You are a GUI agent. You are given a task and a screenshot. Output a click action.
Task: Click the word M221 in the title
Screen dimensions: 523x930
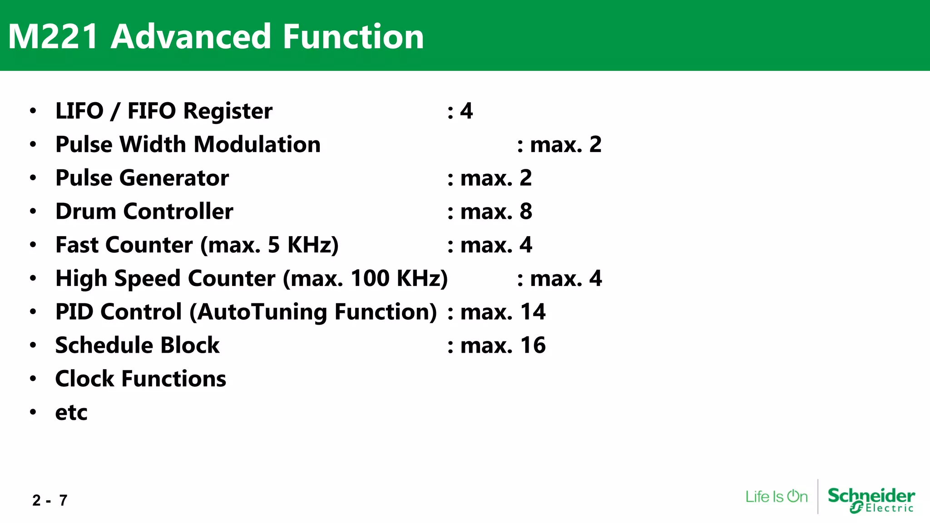click(x=53, y=37)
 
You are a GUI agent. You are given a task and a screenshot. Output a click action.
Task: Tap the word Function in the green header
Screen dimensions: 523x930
click(x=353, y=37)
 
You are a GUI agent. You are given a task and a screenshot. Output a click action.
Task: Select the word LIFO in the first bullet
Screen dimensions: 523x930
click(x=79, y=111)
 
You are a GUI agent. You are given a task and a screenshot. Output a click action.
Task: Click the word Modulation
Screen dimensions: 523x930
click(x=257, y=145)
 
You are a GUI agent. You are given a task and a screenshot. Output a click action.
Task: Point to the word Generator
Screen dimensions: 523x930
click(x=174, y=178)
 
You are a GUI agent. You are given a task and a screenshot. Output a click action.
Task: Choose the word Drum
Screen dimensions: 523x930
click(x=85, y=212)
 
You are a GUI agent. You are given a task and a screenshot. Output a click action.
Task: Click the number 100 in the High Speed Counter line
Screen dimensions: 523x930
click(x=370, y=278)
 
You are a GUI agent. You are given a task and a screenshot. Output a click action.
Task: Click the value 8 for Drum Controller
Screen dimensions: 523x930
click(x=526, y=212)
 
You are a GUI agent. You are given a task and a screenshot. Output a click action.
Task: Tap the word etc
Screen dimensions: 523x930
click(x=71, y=413)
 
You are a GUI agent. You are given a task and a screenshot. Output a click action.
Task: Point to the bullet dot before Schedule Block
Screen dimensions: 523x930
click(x=33, y=345)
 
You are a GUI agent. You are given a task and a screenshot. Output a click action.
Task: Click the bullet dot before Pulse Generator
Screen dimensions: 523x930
click(x=33, y=178)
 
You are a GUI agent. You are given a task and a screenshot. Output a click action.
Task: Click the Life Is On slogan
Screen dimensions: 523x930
click(x=777, y=497)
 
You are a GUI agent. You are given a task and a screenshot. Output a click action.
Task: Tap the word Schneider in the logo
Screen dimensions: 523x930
click(x=871, y=495)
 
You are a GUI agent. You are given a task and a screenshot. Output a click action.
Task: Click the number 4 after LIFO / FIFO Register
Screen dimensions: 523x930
click(x=466, y=111)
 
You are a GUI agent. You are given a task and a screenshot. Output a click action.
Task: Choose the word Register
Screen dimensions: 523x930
click(x=228, y=111)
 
